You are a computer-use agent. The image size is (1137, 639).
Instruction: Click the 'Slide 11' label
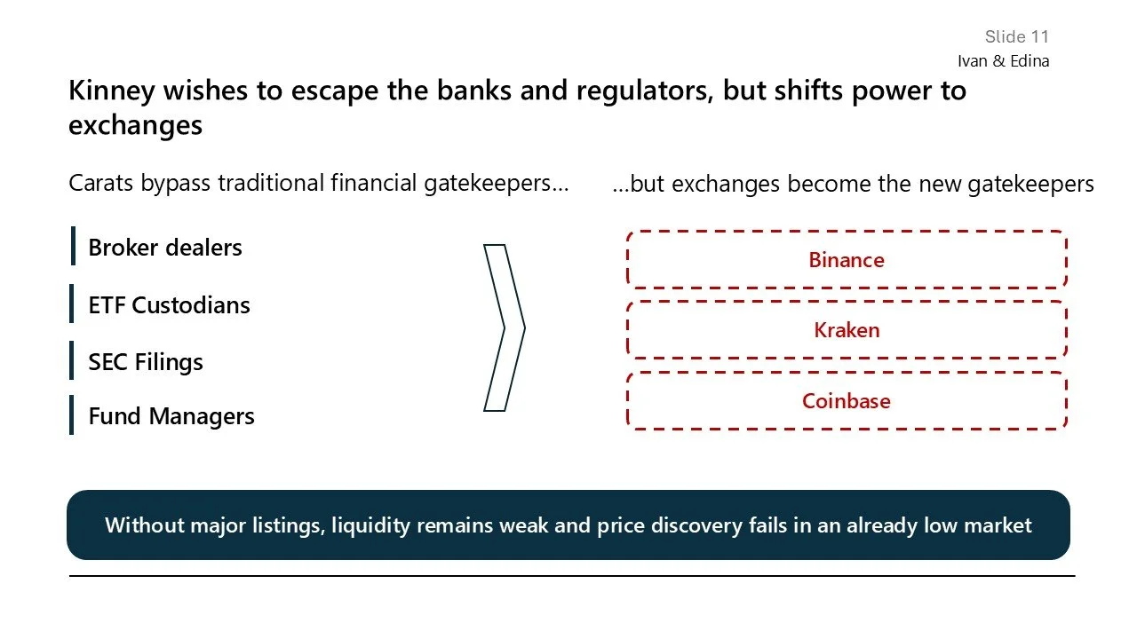(x=1016, y=36)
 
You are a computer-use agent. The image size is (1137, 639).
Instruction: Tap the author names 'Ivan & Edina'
(x=1003, y=61)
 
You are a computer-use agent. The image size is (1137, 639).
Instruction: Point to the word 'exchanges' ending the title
(x=135, y=125)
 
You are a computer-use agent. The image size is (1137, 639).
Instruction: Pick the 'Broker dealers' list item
(x=165, y=248)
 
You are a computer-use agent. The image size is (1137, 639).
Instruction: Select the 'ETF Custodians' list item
(x=169, y=305)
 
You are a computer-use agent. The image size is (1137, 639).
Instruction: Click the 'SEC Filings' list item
(x=146, y=362)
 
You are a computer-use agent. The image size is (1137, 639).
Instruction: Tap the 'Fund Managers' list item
(x=171, y=416)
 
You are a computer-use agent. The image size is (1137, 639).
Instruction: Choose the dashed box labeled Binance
(x=846, y=260)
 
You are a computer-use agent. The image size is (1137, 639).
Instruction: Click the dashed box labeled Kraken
(x=846, y=330)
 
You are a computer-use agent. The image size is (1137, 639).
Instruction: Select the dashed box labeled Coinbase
(x=846, y=401)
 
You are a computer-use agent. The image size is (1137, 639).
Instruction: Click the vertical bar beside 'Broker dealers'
(x=73, y=246)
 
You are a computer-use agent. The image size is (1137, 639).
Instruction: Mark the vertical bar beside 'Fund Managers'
(x=72, y=415)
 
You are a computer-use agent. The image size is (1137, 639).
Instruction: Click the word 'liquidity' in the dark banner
(x=371, y=525)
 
